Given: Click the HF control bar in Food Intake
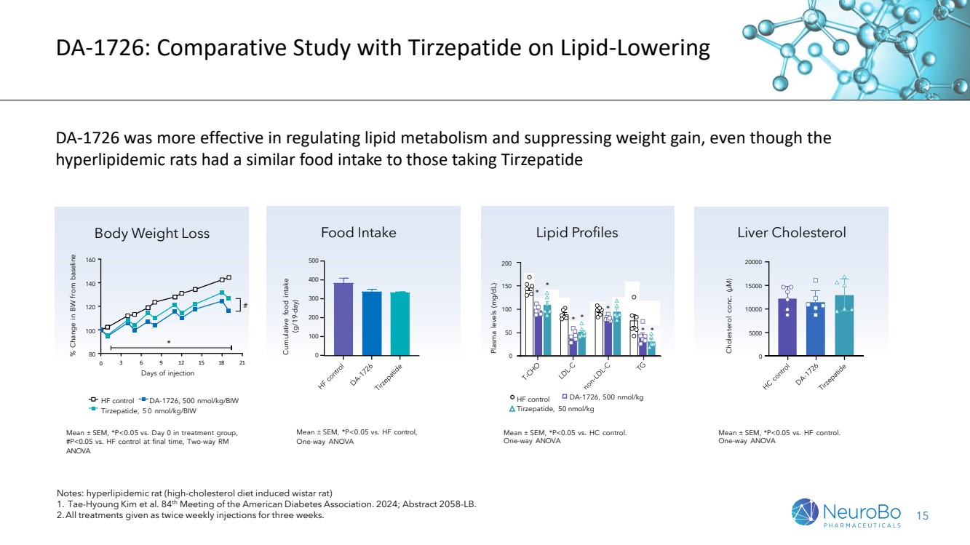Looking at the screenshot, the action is tap(343, 319).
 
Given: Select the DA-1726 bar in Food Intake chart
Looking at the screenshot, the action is tap(372, 323).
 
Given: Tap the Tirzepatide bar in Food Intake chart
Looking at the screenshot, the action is tap(400, 324).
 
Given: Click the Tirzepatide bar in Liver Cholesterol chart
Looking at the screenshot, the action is tap(844, 325).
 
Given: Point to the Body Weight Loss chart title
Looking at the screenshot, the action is tap(152, 234).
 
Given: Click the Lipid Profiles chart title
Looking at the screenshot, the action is tap(577, 232).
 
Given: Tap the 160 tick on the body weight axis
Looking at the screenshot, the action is tap(90, 260).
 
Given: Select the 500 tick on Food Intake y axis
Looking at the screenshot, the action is tap(314, 260).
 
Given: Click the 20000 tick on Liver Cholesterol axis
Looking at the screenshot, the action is tap(753, 262).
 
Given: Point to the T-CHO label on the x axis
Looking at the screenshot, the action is tap(530, 372).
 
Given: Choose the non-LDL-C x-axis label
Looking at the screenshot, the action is tap(597, 375).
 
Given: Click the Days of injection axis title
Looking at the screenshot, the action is tap(167, 373).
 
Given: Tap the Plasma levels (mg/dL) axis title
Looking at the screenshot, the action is tap(493, 318).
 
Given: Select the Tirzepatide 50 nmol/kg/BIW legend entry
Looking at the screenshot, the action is tap(143, 410).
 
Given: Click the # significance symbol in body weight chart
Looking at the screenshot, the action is tap(245, 305).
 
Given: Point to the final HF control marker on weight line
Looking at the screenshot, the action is tap(229, 277).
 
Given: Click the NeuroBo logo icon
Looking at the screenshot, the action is tap(805, 512).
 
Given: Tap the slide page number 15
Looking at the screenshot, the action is tap(923, 516).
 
